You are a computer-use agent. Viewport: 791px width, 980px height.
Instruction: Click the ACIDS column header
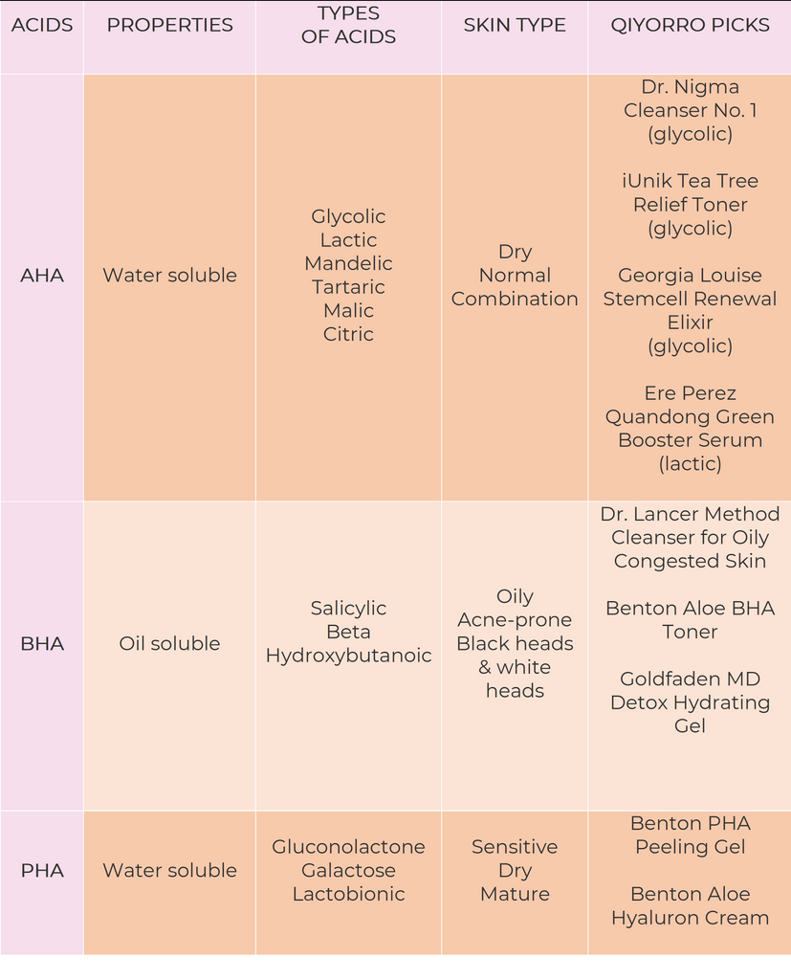(42, 25)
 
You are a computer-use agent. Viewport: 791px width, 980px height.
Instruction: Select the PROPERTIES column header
(169, 25)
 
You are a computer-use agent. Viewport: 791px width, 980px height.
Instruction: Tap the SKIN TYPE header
(515, 25)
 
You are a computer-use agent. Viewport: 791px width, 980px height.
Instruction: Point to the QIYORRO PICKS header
(690, 25)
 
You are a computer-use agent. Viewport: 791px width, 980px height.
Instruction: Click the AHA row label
(42, 275)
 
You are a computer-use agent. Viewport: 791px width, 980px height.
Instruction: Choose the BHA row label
(42, 643)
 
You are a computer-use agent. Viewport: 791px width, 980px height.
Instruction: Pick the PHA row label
(42, 870)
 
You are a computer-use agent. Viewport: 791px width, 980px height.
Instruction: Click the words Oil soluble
(169, 643)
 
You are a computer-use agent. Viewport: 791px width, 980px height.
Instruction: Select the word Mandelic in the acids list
(348, 263)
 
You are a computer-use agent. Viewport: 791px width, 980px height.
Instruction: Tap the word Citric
(348, 334)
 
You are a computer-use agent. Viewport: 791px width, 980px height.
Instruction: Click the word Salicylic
(348, 608)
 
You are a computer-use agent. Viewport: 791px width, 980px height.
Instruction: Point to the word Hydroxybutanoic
(348, 656)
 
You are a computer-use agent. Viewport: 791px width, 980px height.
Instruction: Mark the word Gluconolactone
(348, 847)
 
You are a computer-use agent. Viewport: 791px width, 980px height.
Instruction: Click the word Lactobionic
(348, 894)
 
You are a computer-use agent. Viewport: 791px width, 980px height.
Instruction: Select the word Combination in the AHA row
(515, 299)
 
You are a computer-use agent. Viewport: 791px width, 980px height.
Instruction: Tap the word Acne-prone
(515, 620)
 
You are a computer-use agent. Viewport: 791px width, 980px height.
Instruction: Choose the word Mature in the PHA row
(515, 894)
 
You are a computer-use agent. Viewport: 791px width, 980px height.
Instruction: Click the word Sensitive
(515, 847)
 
